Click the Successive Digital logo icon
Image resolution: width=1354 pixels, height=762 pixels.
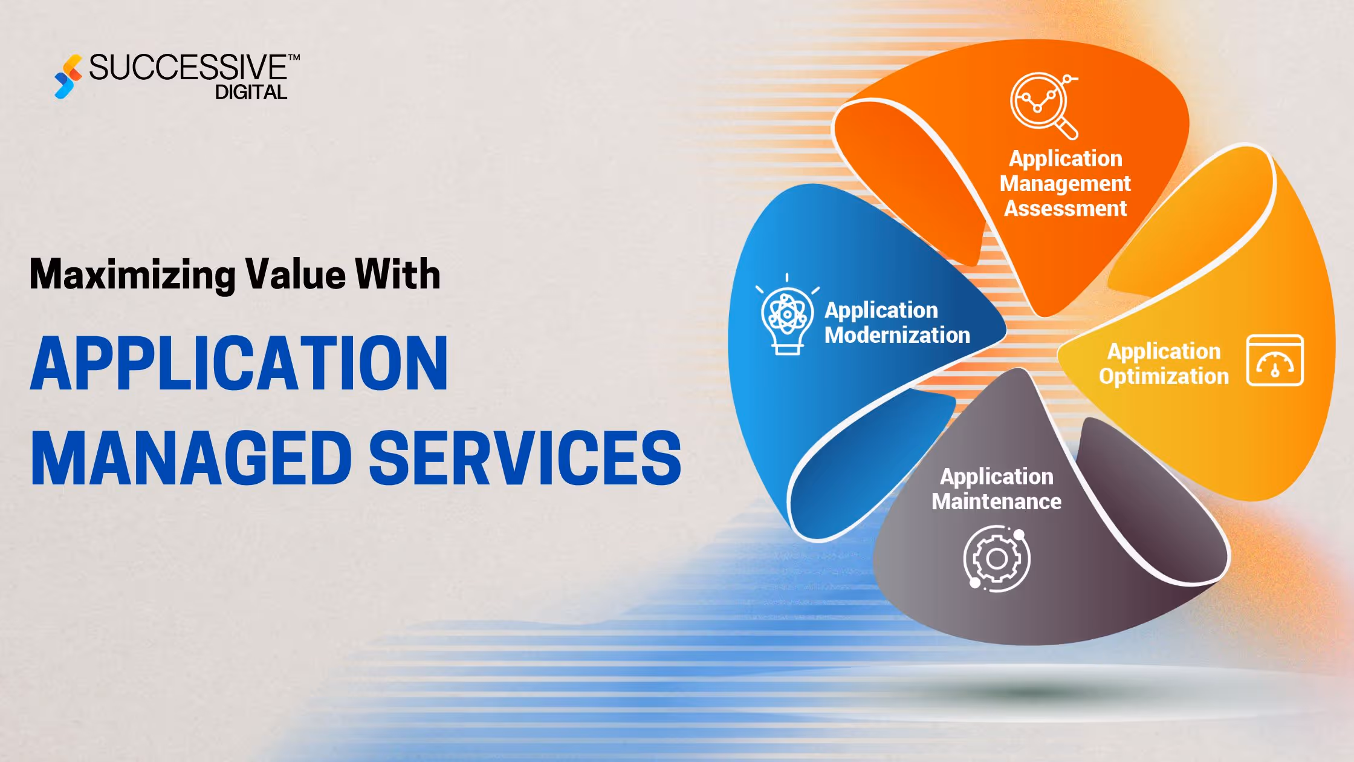(68, 77)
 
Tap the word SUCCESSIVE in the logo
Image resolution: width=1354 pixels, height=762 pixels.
(187, 67)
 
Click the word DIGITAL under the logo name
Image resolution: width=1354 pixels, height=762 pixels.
(251, 93)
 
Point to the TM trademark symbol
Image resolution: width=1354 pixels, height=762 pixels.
(294, 58)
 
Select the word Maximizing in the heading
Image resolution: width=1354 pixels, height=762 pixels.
(132, 275)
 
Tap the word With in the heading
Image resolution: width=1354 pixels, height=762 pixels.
(397, 275)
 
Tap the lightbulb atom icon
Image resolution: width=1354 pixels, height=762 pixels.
(786, 316)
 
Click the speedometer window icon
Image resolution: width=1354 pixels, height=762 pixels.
(1275, 360)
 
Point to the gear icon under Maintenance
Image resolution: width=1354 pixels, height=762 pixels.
(996, 558)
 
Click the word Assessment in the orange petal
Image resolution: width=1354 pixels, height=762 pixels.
(1065, 209)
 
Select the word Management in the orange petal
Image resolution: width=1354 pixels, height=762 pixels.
(1065, 183)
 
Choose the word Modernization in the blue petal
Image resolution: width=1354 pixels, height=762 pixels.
(897, 335)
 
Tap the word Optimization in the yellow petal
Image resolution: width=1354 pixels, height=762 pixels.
(1164, 376)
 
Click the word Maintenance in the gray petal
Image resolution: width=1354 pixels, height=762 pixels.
(996, 501)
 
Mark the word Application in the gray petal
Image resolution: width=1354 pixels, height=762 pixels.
(996, 477)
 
